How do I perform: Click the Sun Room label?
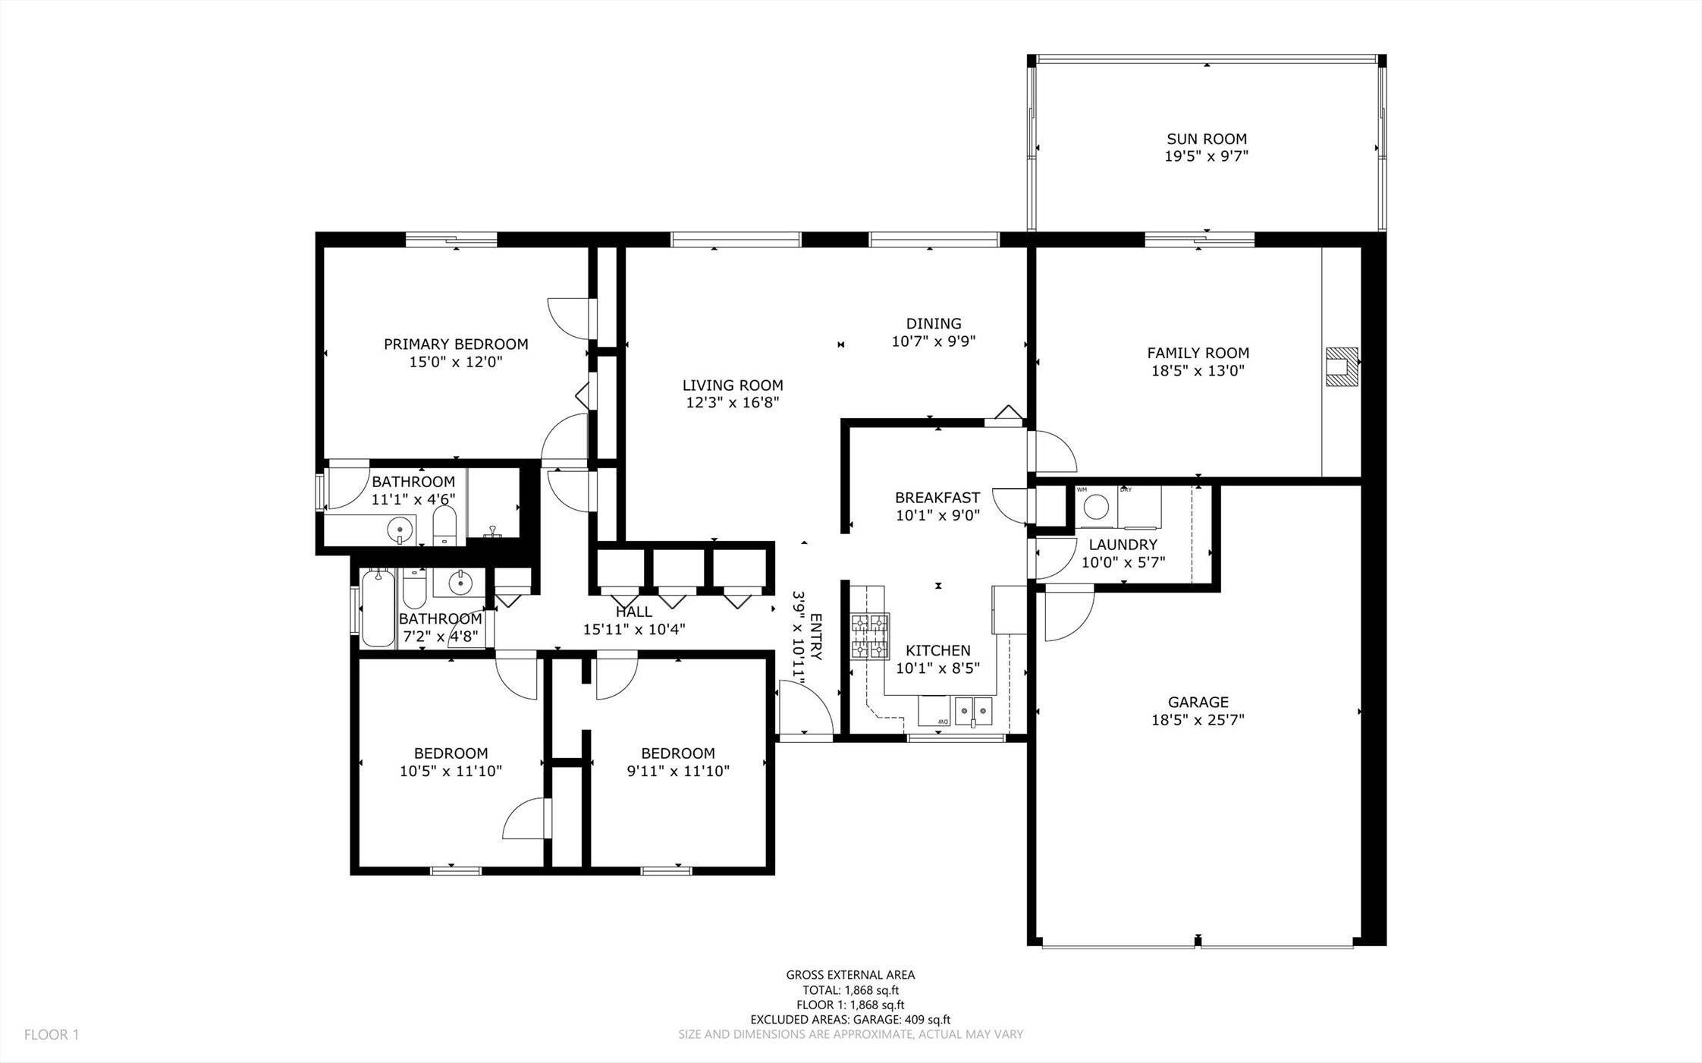[1207, 139]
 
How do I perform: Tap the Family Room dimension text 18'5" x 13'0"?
[1198, 371]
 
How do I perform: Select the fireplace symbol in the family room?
[1342, 366]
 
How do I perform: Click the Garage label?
[1198, 703]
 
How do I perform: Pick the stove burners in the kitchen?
[870, 636]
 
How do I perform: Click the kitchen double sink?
[973, 711]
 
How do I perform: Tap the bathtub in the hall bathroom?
[378, 608]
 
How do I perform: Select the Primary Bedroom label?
[456, 344]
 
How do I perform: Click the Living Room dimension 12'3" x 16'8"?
[733, 403]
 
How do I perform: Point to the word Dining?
[934, 324]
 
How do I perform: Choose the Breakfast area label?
[937, 498]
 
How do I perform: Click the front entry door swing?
[806, 706]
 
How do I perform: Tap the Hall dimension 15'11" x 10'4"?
[634, 629]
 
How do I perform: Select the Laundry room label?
[1123, 545]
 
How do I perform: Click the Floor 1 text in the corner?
[52, 1034]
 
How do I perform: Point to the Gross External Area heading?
[850, 975]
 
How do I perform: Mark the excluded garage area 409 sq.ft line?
[850, 1020]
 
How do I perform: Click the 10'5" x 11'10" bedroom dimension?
[451, 771]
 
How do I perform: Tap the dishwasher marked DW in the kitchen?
[934, 711]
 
